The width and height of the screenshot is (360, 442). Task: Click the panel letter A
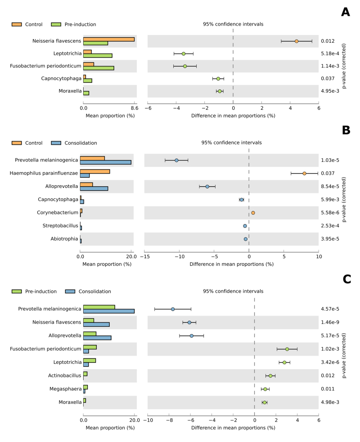pyautogui.click(x=346, y=12)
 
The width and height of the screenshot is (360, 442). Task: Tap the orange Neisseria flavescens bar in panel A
pyautogui.click(x=109, y=39)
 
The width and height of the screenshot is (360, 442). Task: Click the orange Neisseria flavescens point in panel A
pyautogui.click(x=297, y=41)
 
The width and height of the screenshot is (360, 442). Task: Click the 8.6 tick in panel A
pyautogui.click(x=134, y=108)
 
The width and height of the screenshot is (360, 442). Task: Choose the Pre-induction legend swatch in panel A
pyautogui.click(x=56, y=24)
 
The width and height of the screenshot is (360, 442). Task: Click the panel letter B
pyautogui.click(x=346, y=130)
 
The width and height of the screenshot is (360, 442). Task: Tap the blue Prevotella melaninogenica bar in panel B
pyautogui.click(x=106, y=162)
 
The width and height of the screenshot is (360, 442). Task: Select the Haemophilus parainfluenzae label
pyautogui.click(x=53, y=173)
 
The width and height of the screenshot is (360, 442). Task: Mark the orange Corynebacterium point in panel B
pyautogui.click(x=253, y=213)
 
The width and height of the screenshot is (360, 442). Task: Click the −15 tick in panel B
pyautogui.click(x=144, y=256)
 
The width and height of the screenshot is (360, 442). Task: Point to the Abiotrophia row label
pyautogui.click(x=65, y=239)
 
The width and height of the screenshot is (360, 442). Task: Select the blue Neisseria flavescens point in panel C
pyautogui.click(x=189, y=322)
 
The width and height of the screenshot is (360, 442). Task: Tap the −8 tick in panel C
pyautogui.click(x=169, y=420)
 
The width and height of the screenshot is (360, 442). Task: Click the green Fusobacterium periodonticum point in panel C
pyautogui.click(x=287, y=349)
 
